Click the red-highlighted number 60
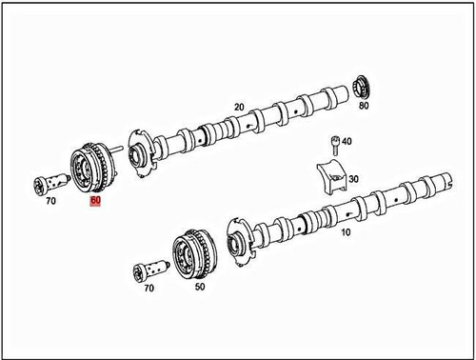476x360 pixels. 95,201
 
